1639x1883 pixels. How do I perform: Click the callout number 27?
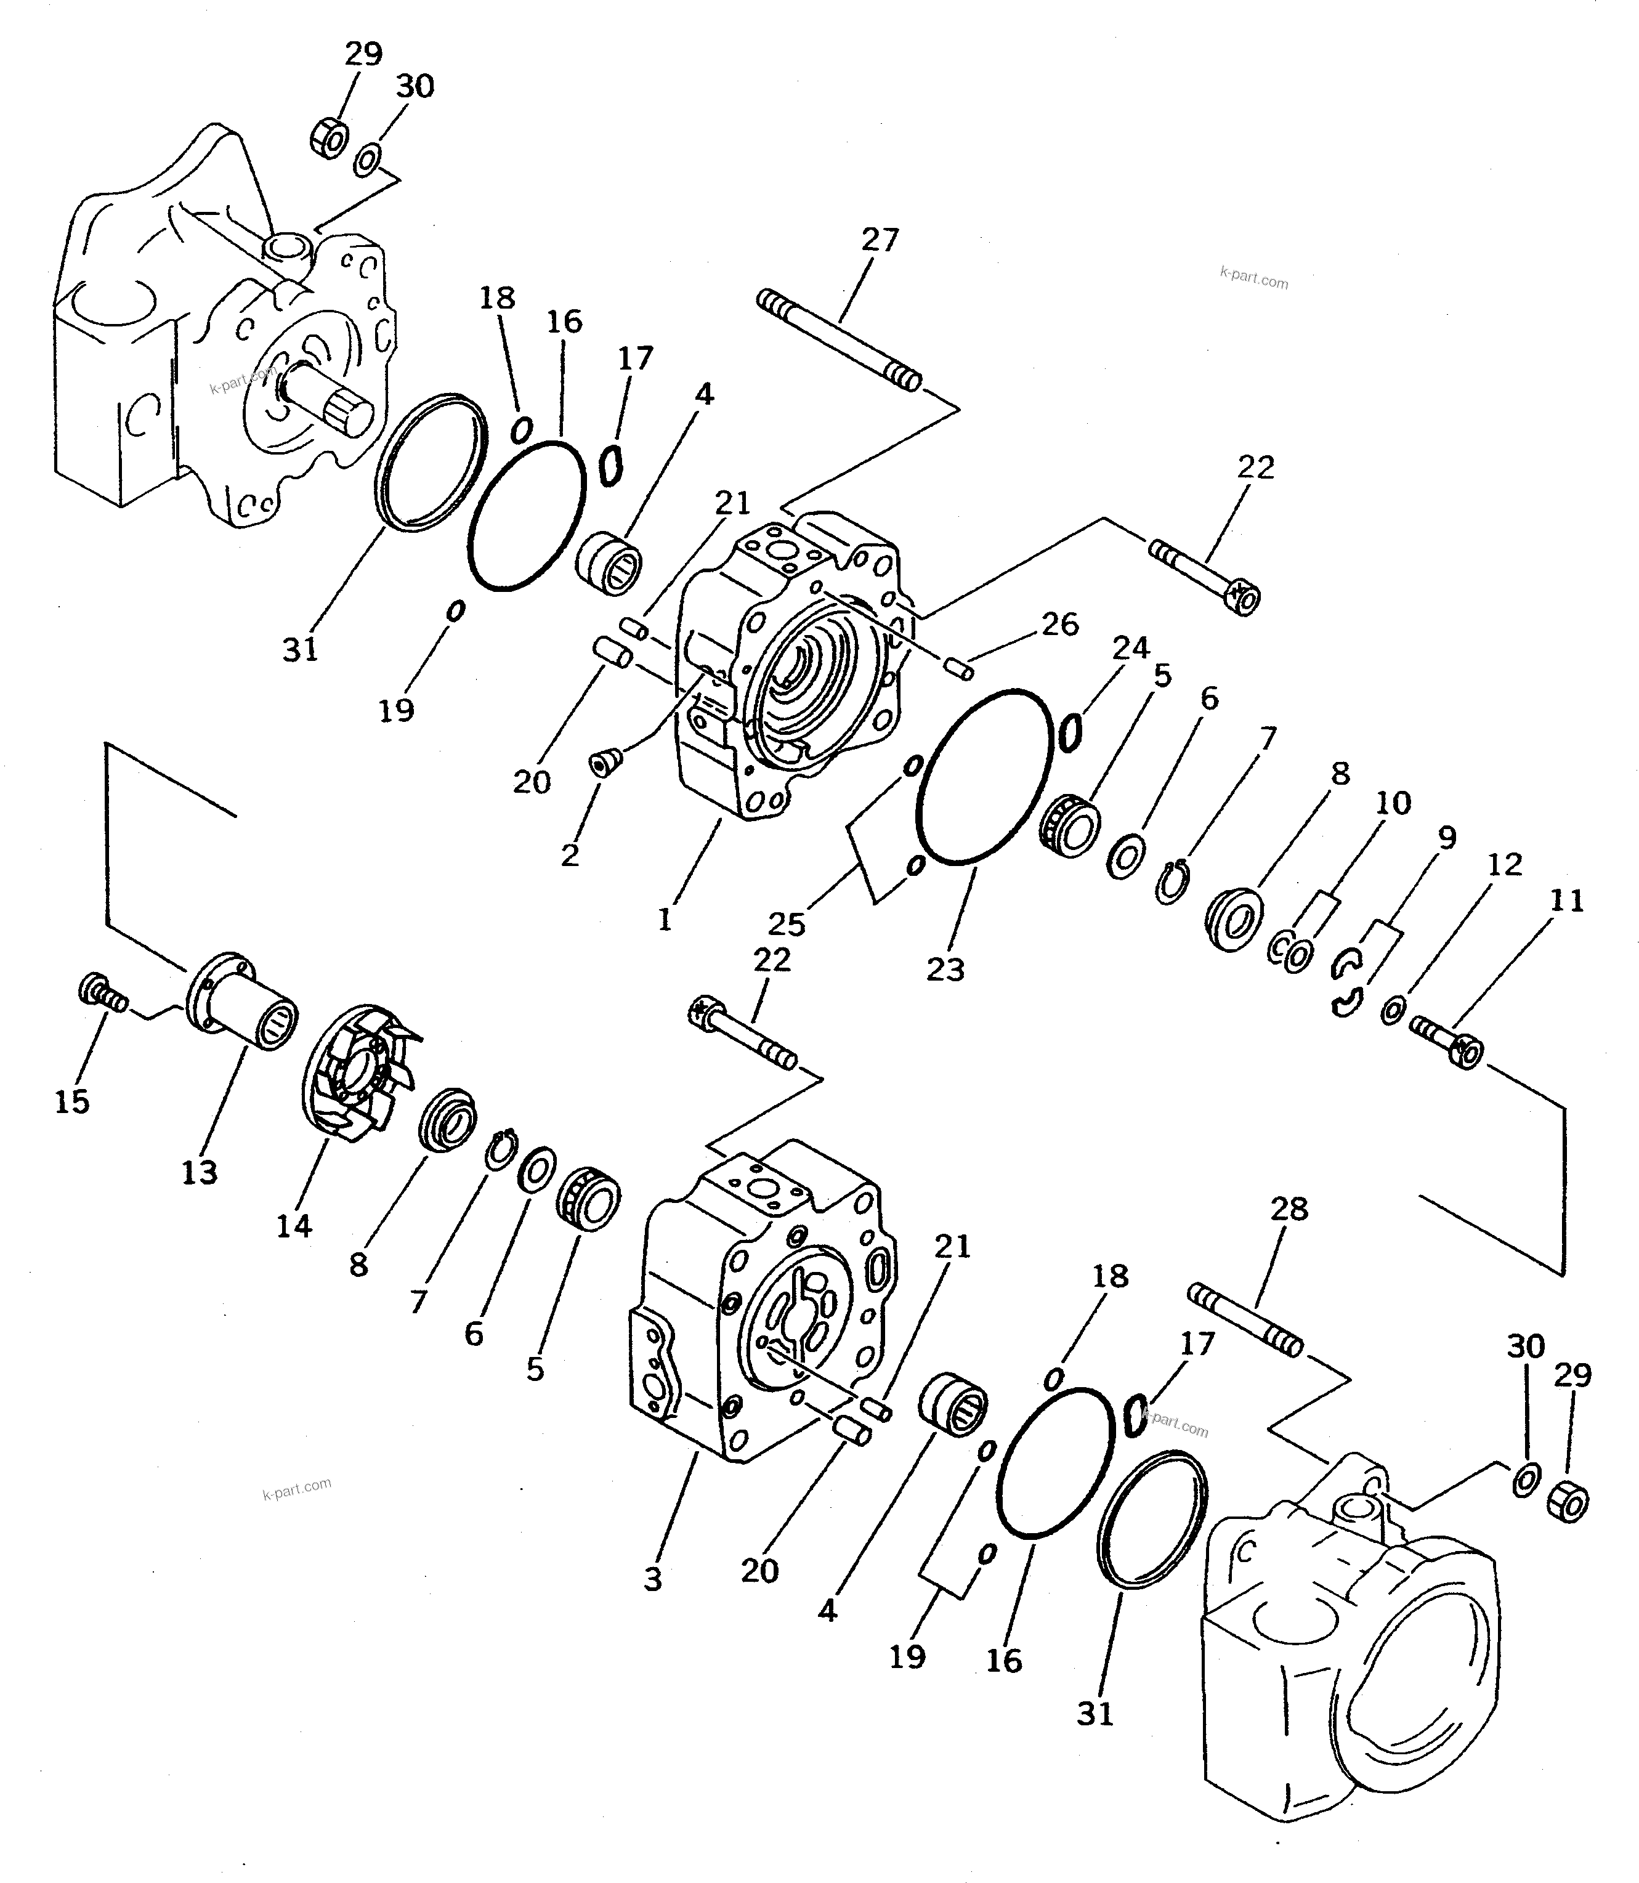(880, 240)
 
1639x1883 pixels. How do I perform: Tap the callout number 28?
(1289, 1209)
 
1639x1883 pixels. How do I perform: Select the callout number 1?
(665, 919)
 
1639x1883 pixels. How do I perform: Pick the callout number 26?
(1060, 625)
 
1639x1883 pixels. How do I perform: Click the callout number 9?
(1446, 837)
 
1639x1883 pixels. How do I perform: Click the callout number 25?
(787, 924)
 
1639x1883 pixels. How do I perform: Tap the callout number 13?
(200, 1172)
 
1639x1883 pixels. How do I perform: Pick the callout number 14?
(294, 1226)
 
